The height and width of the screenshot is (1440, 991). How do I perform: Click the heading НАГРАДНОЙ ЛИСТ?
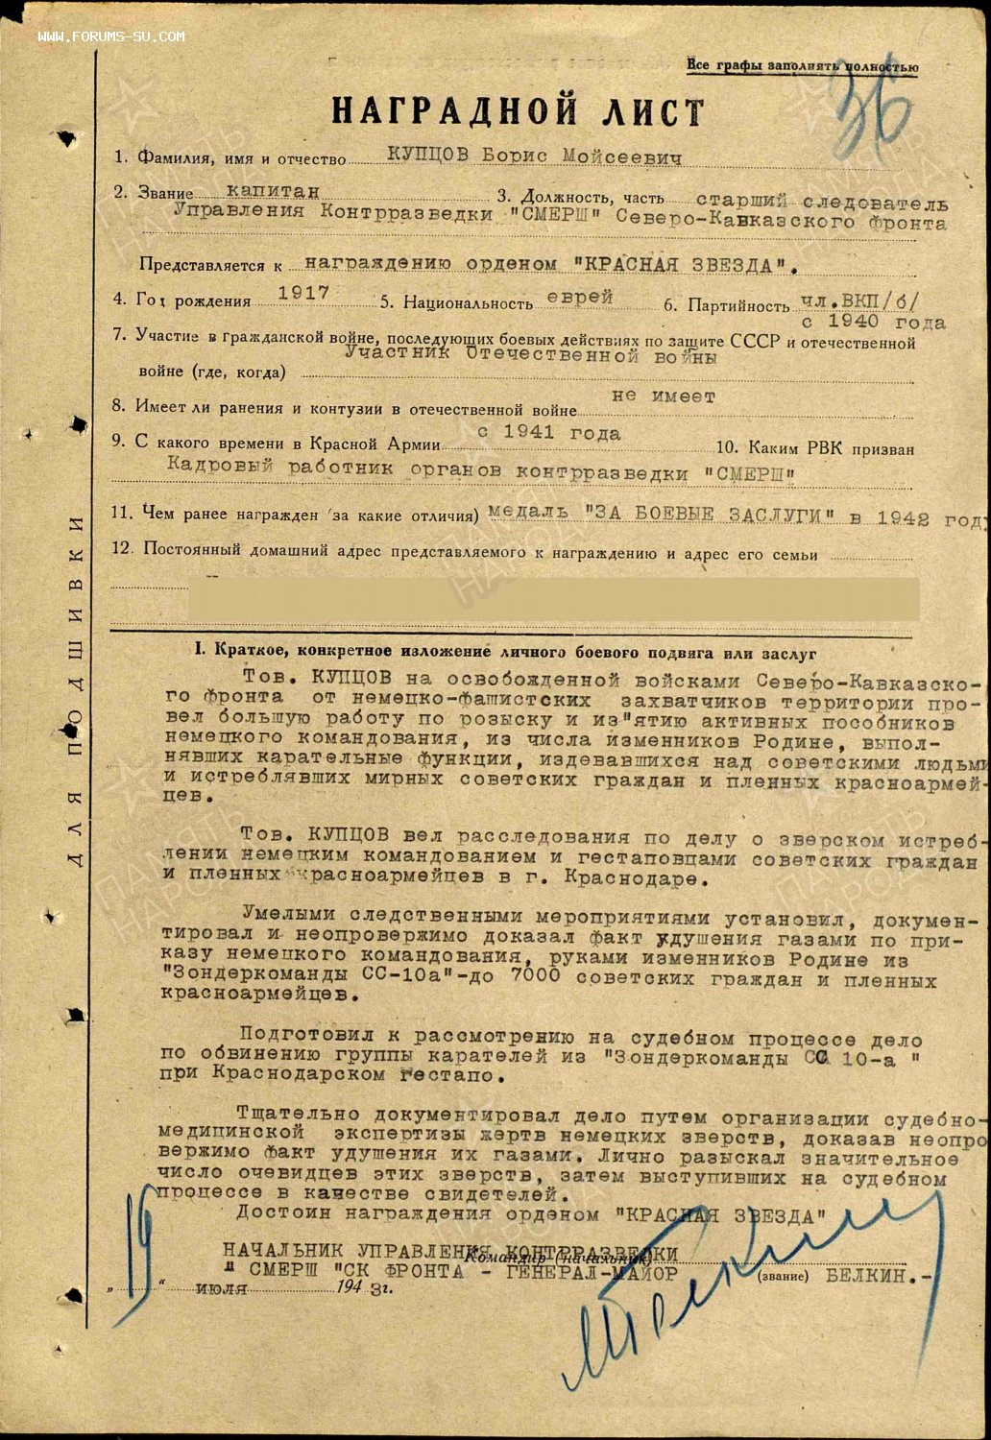(x=518, y=111)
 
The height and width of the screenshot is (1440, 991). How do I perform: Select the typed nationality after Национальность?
(x=580, y=298)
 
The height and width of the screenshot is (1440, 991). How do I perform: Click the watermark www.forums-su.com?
(x=111, y=36)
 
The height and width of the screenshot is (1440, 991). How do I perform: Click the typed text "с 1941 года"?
(x=548, y=433)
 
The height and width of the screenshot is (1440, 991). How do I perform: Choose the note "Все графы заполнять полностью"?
(x=802, y=66)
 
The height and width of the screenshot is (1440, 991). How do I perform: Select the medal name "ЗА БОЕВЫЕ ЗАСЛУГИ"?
(x=709, y=516)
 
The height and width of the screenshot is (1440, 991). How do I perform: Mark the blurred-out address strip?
(x=552, y=597)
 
